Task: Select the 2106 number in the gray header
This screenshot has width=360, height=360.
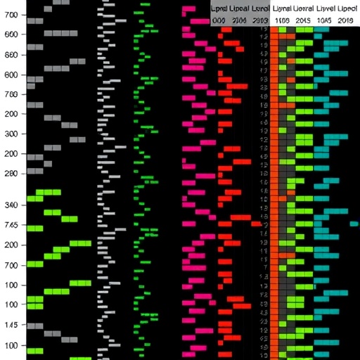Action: pyautogui.click(x=240, y=21)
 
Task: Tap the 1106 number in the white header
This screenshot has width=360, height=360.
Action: pyautogui.click(x=282, y=21)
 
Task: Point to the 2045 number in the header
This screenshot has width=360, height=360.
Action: pyautogui.click(x=304, y=21)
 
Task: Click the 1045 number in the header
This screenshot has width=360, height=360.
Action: pyautogui.click(x=324, y=21)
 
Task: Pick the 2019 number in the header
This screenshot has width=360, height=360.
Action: pyautogui.click(x=345, y=21)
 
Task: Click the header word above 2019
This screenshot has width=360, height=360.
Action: pyautogui.click(x=345, y=8)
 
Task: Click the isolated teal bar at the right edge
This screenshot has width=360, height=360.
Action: pyautogui.click(x=353, y=224)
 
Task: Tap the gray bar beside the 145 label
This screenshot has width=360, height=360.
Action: pyautogui.click(x=34, y=328)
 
